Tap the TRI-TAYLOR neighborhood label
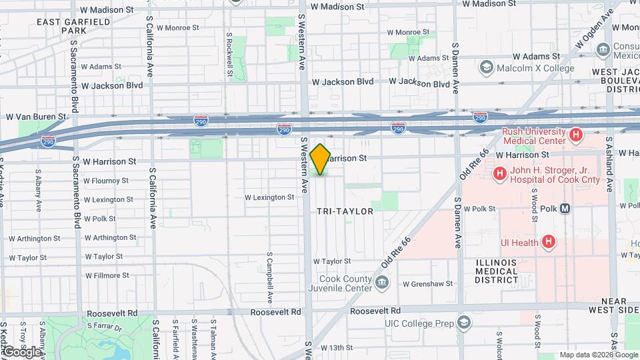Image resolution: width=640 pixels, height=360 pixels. pyautogui.click(x=345, y=211)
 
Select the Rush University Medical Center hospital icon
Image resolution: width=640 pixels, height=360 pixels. pyautogui.click(x=577, y=135)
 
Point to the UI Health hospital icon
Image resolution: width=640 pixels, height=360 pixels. pyautogui.click(x=549, y=242)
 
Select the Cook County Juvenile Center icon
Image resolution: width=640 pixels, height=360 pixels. pyautogui.click(x=383, y=283)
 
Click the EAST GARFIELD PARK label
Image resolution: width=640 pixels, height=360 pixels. pyautogui.click(x=65, y=26)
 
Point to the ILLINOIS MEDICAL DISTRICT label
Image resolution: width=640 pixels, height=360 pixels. pyautogui.click(x=497, y=271)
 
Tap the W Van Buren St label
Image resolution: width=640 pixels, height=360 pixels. pyautogui.click(x=36, y=117)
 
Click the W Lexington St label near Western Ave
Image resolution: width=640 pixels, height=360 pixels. pyautogui.click(x=269, y=197)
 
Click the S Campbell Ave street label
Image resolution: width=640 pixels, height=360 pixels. pyautogui.click(x=270, y=276)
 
